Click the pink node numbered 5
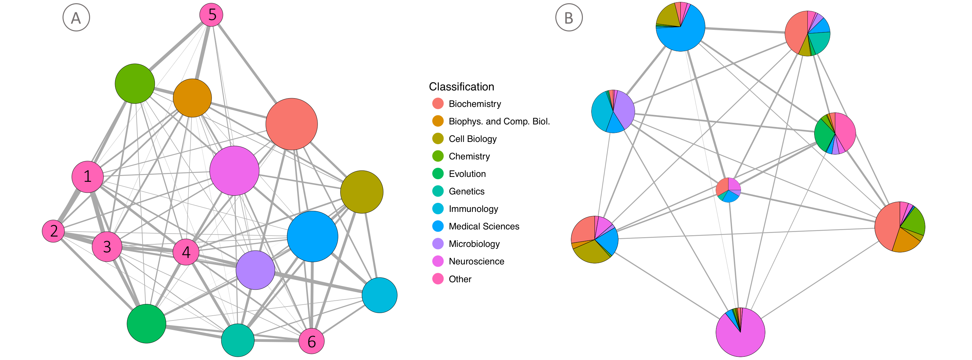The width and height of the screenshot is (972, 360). point(211,15)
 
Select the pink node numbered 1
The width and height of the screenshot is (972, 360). point(87,177)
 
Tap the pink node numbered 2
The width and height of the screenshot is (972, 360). point(53,231)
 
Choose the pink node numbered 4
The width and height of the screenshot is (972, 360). point(186,252)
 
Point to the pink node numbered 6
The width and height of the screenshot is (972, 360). point(311,341)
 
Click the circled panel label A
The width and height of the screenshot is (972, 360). point(76,18)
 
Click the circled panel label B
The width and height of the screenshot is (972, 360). point(569,18)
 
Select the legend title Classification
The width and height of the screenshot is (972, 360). point(461,87)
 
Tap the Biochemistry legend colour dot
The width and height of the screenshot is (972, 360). point(438,104)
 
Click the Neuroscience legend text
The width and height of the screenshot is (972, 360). point(476,261)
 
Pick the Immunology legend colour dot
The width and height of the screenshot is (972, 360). point(438,209)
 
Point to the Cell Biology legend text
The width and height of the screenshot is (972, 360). point(472,139)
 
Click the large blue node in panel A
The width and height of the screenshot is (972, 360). point(312,237)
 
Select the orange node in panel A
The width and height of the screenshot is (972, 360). point(192,98)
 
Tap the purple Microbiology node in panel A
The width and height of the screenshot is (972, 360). point(255,270)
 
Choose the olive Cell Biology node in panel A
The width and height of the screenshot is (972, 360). point(362,192)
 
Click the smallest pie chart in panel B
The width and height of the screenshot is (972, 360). point(728,190)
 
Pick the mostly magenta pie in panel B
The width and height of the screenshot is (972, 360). point(740,332)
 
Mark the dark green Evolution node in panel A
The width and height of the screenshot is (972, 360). point(146,323)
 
